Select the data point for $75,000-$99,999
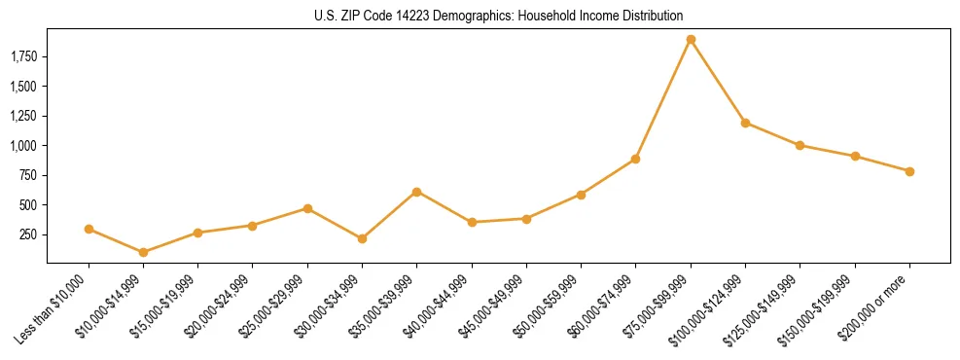pyautogui.click(x=691, y=40)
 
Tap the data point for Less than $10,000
pyautogui.click(x=89, y=230)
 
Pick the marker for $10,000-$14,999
pyautogui.click(x=143, y=252)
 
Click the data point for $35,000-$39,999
pyautogui.click(x=416, y=192)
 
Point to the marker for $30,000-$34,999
pyautogui.click(x=362, y=238)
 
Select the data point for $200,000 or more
pyautogui.click(x=909, y=171)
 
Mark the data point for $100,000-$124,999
pyautogui.click(x=745, y=123)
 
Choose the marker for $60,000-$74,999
pyautogui.click(x=635, y=159)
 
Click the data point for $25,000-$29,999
pyautogui.click(x=307, y=208)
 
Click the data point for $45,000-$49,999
pyautogui.click(x=526, y=219)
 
